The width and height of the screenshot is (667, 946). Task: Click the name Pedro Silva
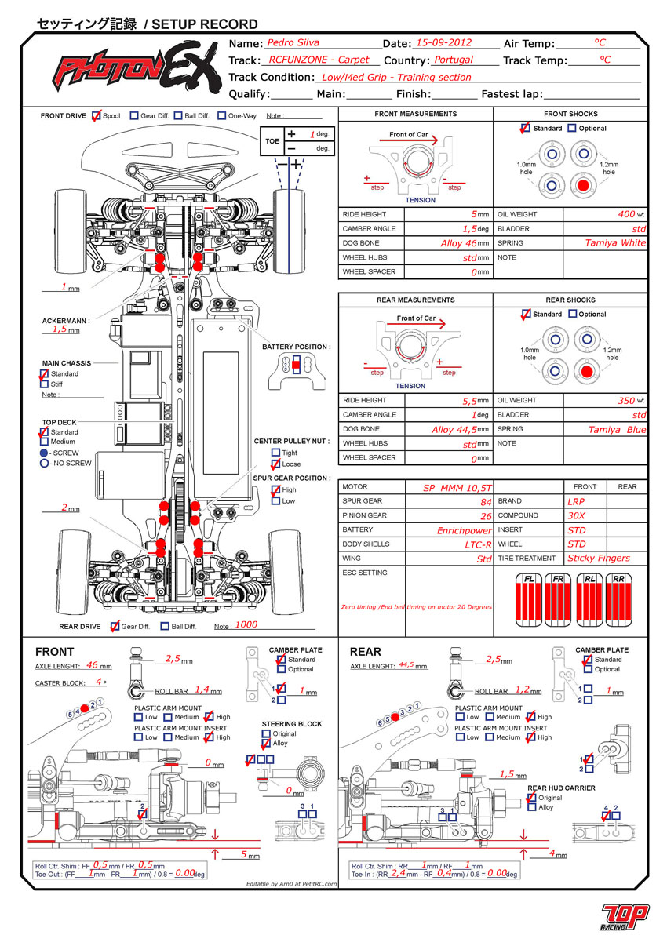point(293,43)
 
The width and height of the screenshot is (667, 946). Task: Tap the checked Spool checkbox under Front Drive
point(97,115)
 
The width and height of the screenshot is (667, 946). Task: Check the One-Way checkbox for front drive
point(222,115)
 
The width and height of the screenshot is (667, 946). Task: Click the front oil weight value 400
point(625,213)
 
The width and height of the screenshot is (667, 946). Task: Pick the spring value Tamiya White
point(614,242)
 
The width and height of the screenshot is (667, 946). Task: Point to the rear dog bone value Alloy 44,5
point(454,430)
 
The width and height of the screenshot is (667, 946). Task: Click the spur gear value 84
point(486,502)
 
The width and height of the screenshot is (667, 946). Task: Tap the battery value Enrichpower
point(464,530)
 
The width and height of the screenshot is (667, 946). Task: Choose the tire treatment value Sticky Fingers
point(598,559)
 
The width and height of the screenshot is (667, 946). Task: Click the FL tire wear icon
point(529,601)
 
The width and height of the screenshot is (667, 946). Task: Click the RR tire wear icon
point(619,601)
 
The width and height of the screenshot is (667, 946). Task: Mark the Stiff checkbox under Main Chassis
point(44,384)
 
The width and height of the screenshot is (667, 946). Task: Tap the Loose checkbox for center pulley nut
point(275,464)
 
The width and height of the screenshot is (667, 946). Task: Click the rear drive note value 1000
point(246,625)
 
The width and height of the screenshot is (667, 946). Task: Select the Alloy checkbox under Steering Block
point(266,744)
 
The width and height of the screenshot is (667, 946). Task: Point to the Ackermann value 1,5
point(60,329)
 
